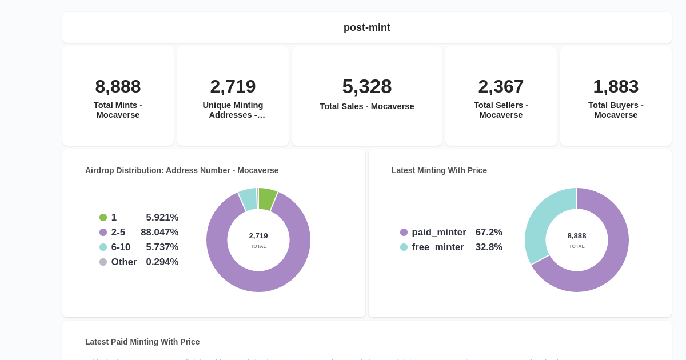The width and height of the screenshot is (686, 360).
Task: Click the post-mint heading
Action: pos(366,27)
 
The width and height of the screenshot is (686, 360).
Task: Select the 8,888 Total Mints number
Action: pos(118,86)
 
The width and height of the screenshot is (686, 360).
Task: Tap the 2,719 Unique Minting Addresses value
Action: pos(233,86)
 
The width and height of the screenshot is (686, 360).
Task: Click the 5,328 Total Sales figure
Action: pos(366,86)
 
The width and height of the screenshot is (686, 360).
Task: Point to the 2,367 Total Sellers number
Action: pos(501,86)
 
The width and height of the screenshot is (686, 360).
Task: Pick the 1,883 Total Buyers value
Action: pos(616,86)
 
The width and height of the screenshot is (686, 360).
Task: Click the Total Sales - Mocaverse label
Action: pos(366,106)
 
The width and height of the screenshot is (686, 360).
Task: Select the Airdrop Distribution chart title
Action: pos(182,170)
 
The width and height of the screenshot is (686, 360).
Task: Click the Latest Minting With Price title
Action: pos(439,170)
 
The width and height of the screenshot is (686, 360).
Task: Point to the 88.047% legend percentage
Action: pos(159,233)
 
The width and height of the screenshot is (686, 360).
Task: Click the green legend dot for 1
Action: pos(103,218)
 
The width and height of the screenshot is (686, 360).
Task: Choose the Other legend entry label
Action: pos(124,262)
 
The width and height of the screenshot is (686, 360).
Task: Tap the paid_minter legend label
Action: pos(438,233)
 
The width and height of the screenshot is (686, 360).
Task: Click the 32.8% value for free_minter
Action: pos(489,247)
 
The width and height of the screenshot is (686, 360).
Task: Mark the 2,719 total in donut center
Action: pos(258,236)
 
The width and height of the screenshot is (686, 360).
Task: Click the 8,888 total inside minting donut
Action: pos(576,236)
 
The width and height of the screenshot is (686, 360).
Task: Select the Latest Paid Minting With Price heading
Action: pos(142,342)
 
